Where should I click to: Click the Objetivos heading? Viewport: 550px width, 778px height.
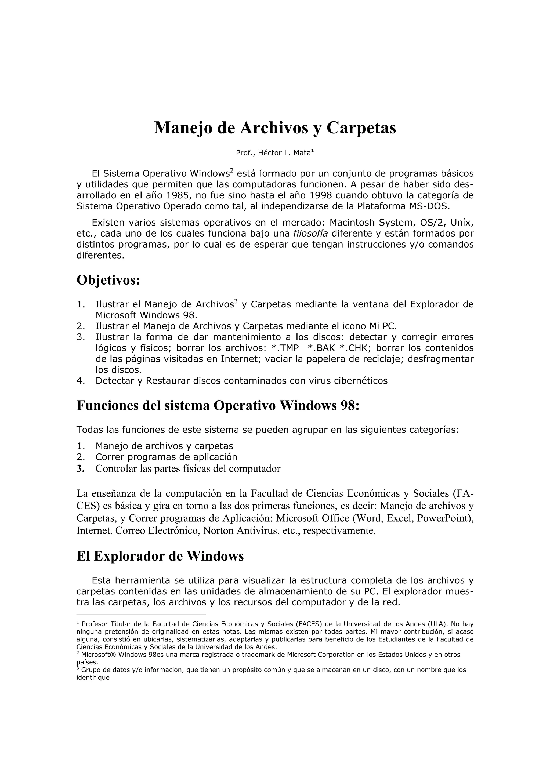pos(108,280)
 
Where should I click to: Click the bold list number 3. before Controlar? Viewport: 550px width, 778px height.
pos(80,469)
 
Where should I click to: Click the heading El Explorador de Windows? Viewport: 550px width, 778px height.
pos(160,556)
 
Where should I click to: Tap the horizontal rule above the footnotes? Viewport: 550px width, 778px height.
pos(141,614)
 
